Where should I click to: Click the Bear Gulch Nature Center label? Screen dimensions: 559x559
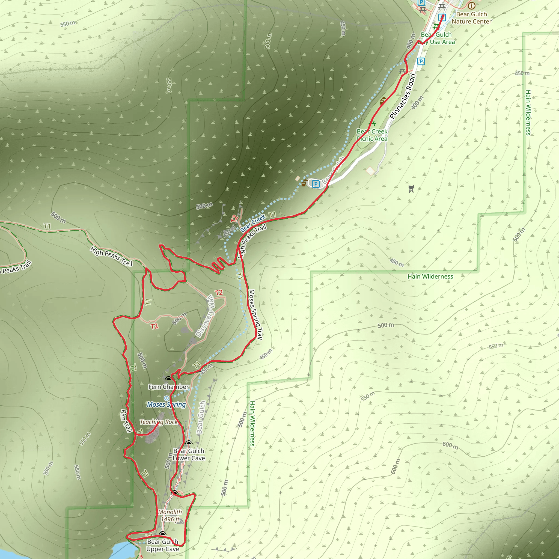[x=471, y=18]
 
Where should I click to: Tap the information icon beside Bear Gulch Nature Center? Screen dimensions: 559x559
[x=472, y=5]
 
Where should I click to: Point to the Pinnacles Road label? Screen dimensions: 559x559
[x=403, y=96]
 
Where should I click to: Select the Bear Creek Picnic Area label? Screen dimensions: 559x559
[x=372, y=135]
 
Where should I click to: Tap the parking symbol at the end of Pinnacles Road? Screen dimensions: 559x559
[x=316, y=184]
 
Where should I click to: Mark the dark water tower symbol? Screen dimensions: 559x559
[x=411, y=189]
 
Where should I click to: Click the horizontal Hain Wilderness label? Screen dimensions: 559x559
[x=430, y=276]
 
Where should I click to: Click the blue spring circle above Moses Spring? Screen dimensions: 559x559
[x=166, y=399]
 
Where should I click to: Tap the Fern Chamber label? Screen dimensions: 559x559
[x=168, y=387]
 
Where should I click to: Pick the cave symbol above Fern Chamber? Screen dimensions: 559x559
[x=168, y=379]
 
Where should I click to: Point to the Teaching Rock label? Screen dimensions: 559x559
[x=159, y=422]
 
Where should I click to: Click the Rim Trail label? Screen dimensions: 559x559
[x=126, y=421]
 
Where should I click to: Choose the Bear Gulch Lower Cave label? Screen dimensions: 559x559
[x=189, y=454]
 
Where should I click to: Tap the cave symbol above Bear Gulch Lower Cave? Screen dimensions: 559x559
[x=189, y=443]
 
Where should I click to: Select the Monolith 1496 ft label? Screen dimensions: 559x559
[x=170, y=516]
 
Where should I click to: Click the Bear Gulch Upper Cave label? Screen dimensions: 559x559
[x=163, y=545]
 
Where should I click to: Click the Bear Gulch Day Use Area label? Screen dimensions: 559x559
[x=438, y=38]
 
